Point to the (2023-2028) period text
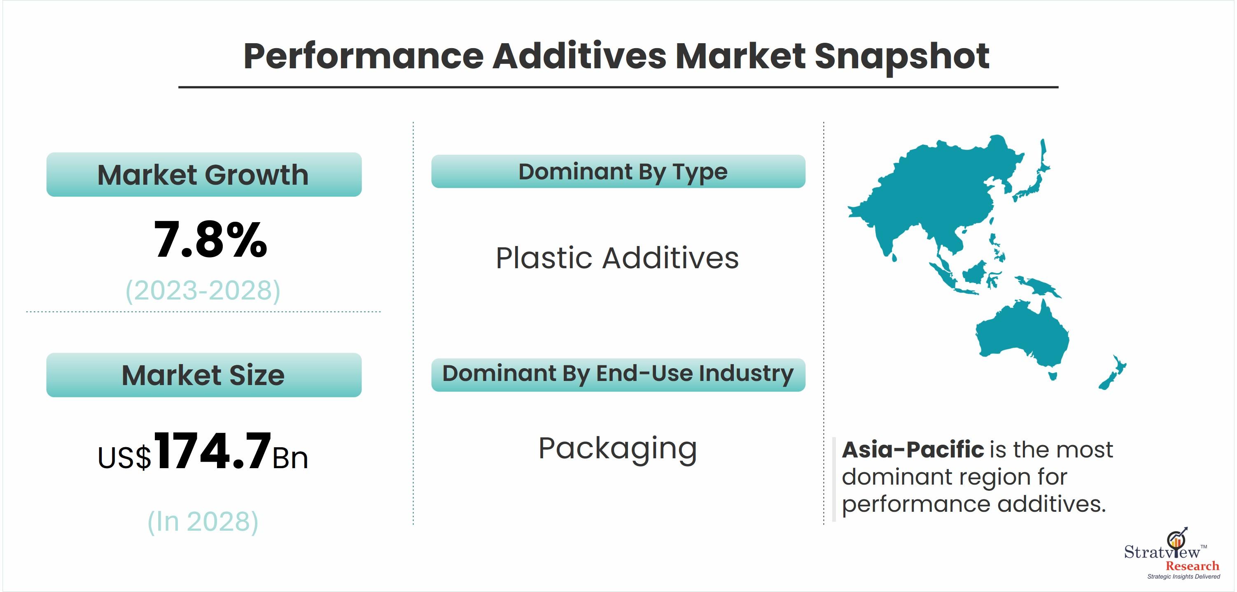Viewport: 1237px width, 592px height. pos(203,290)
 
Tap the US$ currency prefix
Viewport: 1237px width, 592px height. pos(124,457)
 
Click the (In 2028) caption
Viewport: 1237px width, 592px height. pos(203,522)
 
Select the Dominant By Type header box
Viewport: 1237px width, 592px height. pos(618,171)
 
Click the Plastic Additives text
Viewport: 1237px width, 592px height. pos(617,258)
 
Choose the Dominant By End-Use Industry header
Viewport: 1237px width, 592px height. pos(618,375)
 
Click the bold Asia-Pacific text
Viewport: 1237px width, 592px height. pos(913,450)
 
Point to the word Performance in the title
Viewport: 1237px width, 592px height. pos(364,57)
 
